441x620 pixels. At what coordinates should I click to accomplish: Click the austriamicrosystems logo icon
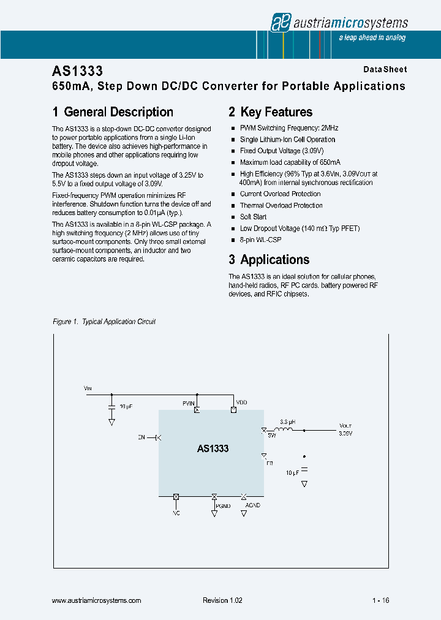click(x=280, y=23)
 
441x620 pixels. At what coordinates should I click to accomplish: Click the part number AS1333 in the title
click(x=77, y=71)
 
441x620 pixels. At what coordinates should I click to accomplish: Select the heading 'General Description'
click(x=118, y=112)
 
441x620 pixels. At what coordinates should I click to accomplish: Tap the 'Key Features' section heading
click(x=276, y=112)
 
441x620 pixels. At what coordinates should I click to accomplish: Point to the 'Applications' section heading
click(x=274, y=260)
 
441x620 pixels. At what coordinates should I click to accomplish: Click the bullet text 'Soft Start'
click(x=253, y=217)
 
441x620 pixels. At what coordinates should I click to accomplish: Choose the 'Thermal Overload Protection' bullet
click(x=281, y=206)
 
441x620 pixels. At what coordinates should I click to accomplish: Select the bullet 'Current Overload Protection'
click(x=280, y=194)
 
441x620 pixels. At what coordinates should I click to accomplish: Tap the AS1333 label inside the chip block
click(x=213, y=448)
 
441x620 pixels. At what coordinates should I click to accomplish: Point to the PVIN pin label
click(x=189, y=403)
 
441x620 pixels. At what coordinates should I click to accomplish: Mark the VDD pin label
click(x=242, y=403)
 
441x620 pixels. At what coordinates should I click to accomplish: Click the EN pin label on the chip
click(x=141, y=437)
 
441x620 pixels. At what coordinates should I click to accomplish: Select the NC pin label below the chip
click(x=176, y=512)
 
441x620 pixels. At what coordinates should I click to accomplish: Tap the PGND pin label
click(x=223, y=506)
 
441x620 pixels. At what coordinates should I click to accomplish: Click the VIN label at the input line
click(x=87, y=388)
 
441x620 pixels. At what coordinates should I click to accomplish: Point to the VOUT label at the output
click(x=345, y=425)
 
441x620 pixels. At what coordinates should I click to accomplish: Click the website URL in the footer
click(x=97, y=600)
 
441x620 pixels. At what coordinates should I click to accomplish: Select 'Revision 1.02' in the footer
click(x=222, y=600)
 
